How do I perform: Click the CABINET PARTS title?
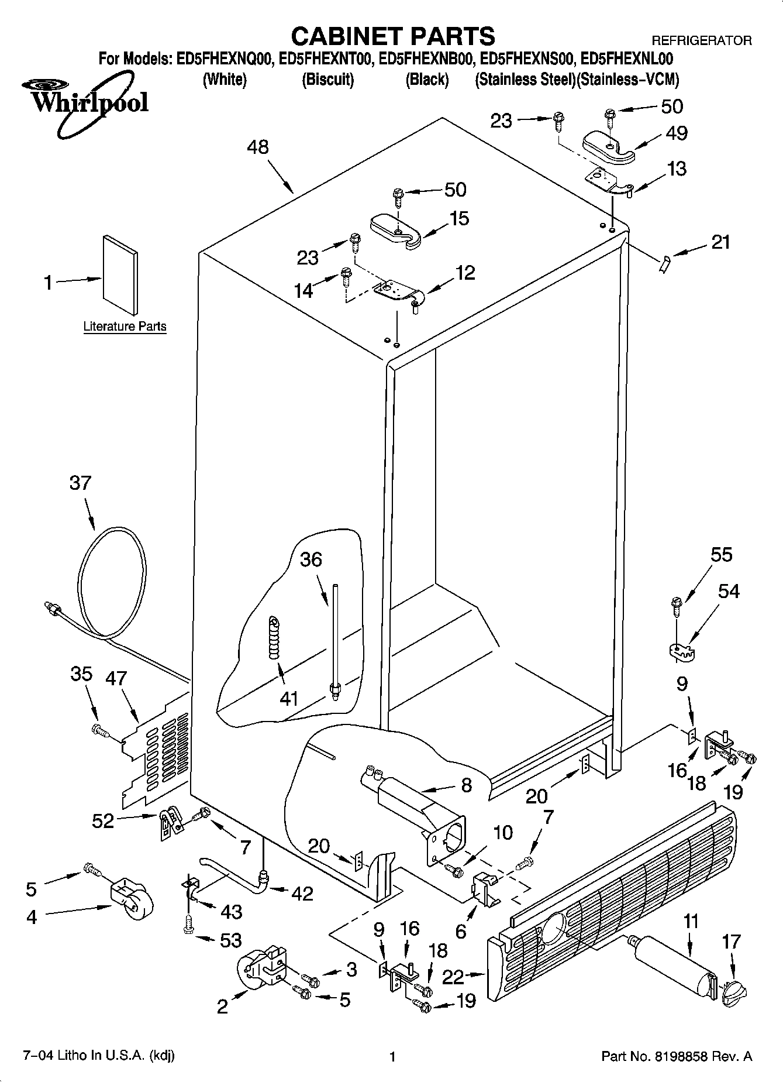pos(392,36)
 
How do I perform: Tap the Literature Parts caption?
pos(125,327)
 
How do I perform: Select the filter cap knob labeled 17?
pos(734,990)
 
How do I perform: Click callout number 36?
pos(311,559)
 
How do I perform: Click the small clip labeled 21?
pos(664,265)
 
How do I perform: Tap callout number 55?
pos(720,554)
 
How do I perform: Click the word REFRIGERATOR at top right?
pos(701,40)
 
